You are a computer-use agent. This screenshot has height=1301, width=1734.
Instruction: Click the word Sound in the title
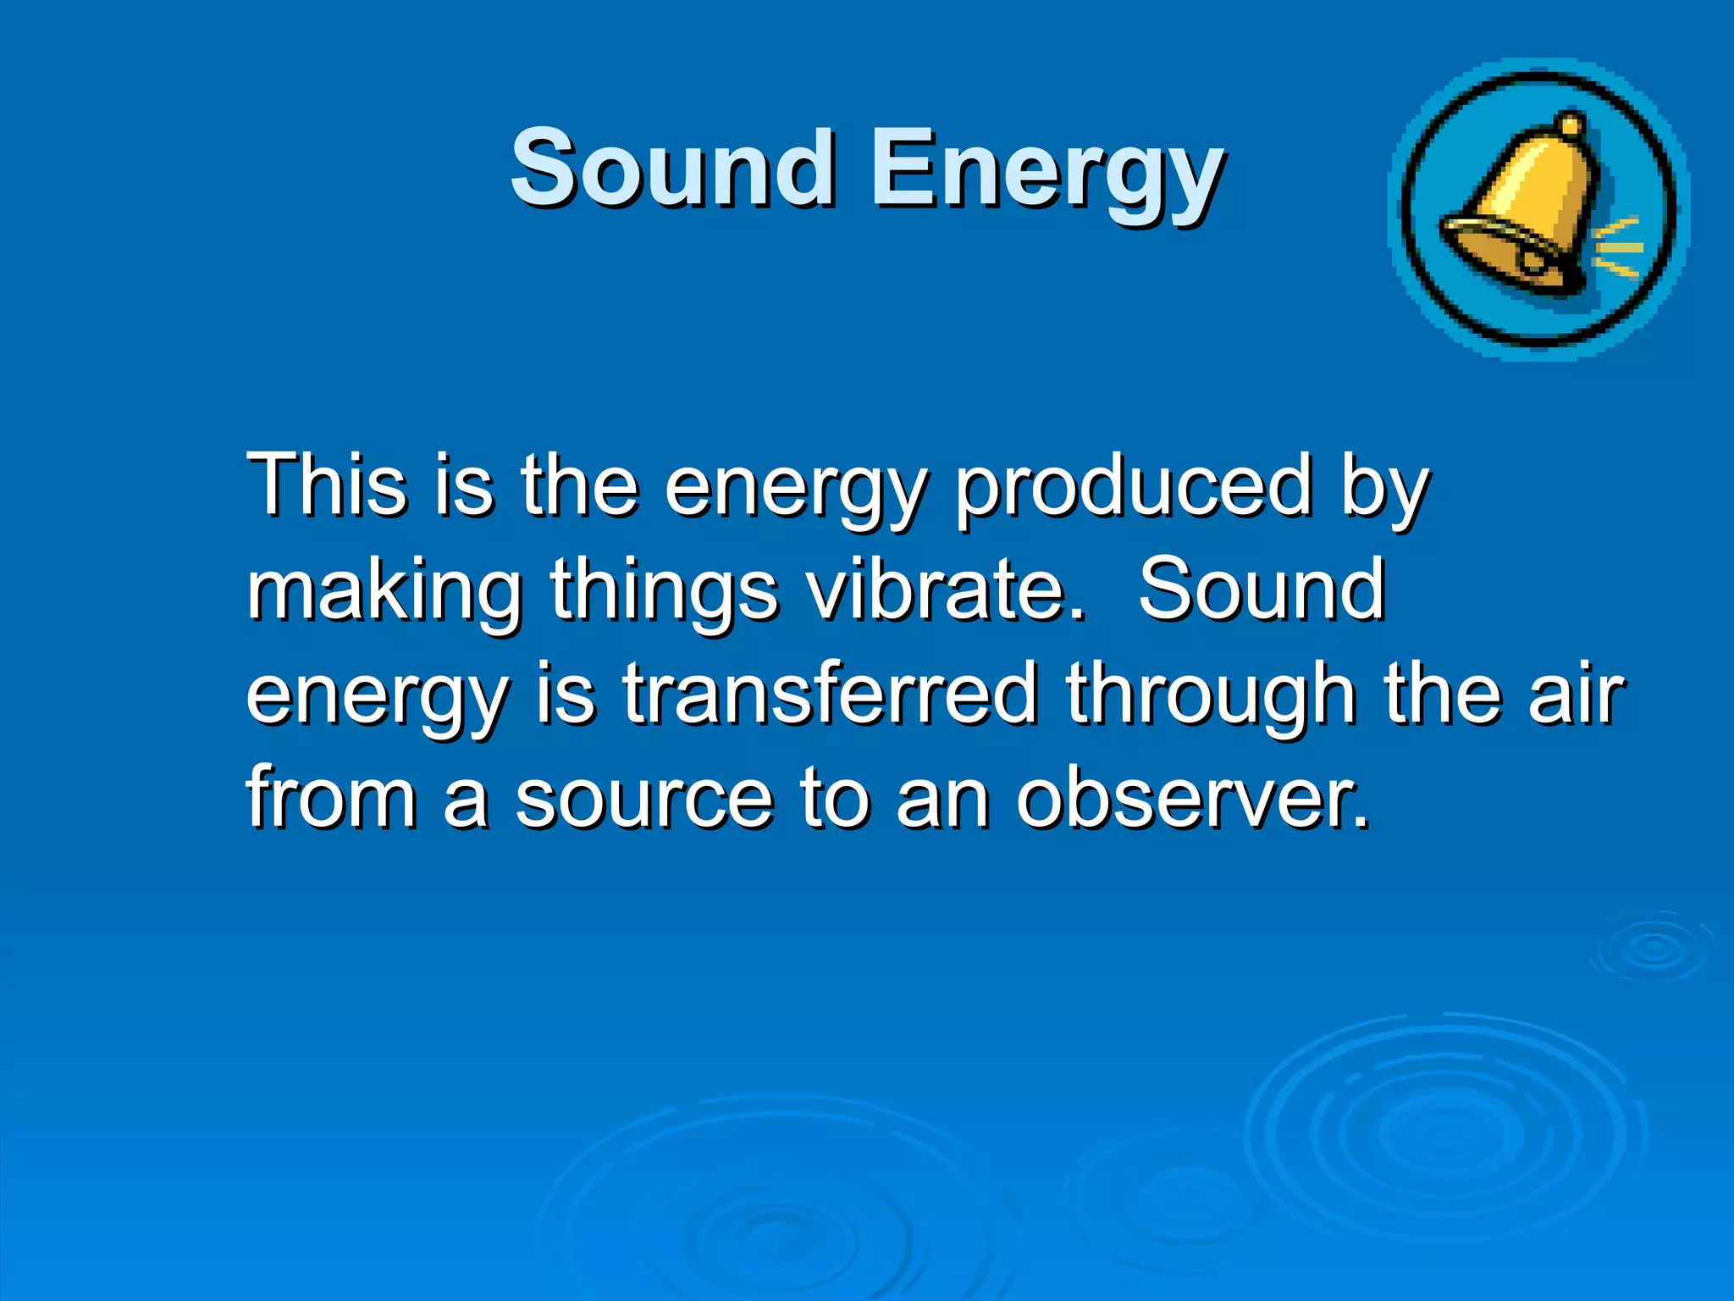(x=673, y=167)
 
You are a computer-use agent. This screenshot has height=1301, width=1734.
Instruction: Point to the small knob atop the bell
(x=1571, y=126)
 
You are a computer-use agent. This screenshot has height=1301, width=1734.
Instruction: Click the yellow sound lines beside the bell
(x=1619, y=248)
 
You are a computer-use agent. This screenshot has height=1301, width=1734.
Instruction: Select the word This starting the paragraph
(x=327, y=484)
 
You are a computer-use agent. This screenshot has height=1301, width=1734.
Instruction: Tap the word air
(x=1576, y=694)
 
